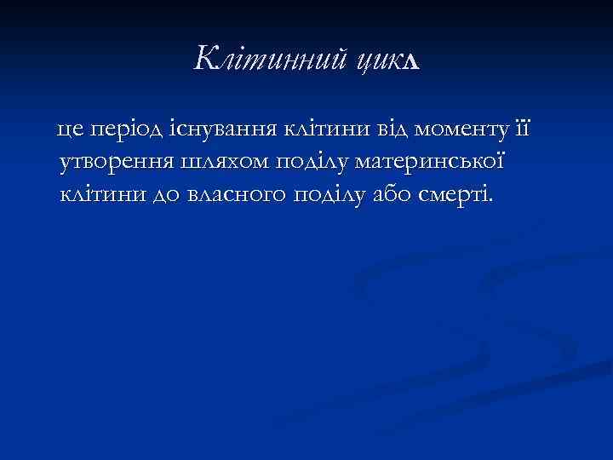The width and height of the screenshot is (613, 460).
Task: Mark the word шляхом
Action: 220,162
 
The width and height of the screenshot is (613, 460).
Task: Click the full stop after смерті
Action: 490,201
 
